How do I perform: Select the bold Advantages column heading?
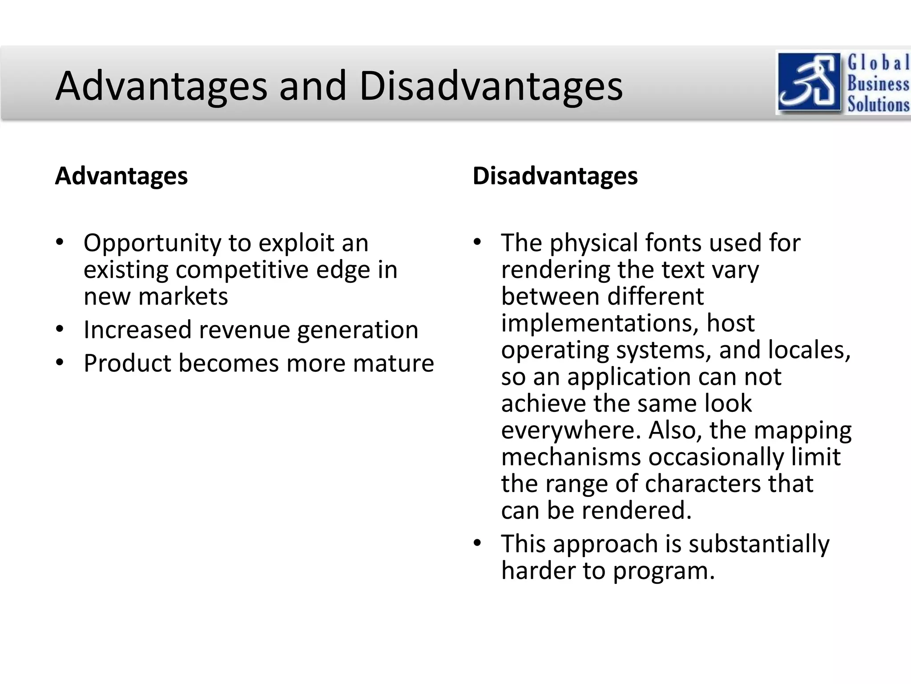tap(121, 176)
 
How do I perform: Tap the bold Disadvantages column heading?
tap(555, 176)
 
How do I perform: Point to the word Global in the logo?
tap(878, 62)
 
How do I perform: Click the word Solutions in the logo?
tap(878, 104)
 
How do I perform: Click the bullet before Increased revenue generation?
tap(60, 330)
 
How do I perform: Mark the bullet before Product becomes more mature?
tap(60, 363)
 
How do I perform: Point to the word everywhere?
tap(571, 430)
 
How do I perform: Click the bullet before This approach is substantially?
tap(477, 543)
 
